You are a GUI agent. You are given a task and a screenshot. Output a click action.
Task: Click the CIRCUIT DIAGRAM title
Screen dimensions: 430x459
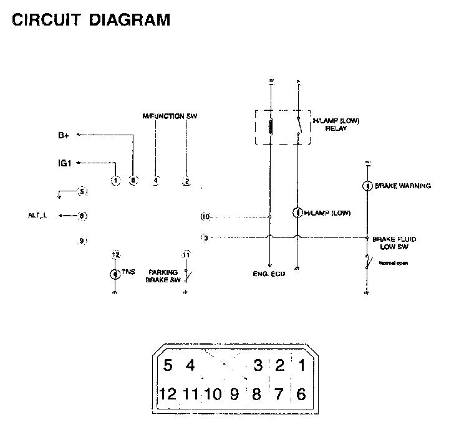[91, 20]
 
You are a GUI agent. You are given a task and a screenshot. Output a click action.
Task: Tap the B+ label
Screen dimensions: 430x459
[65, 135]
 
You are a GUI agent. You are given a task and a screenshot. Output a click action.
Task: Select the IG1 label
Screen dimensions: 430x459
[64, 163]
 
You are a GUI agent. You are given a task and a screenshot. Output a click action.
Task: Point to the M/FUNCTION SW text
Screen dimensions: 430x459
[170, 117]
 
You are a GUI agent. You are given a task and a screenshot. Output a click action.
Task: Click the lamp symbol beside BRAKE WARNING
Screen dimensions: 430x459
[368, 186]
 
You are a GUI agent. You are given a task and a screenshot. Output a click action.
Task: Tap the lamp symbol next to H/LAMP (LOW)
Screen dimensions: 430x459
[297, 213]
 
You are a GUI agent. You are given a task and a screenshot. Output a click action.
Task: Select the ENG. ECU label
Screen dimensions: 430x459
[269, 274]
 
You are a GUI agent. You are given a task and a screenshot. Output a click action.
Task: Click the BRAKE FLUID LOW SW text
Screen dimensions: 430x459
[394, 243]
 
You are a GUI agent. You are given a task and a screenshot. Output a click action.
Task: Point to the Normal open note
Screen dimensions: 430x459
[394, 263]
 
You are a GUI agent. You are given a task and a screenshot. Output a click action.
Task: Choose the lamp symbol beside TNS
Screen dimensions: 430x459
[115, 274]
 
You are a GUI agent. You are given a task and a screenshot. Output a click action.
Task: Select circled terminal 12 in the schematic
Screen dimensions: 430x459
[115, 255]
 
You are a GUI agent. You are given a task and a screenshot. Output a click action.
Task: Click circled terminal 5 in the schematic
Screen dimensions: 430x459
[82, 191]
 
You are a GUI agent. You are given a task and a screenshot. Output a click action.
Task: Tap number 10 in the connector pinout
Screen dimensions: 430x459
[213, 394]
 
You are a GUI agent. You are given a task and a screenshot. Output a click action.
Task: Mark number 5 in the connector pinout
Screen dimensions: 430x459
[168, 366]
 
